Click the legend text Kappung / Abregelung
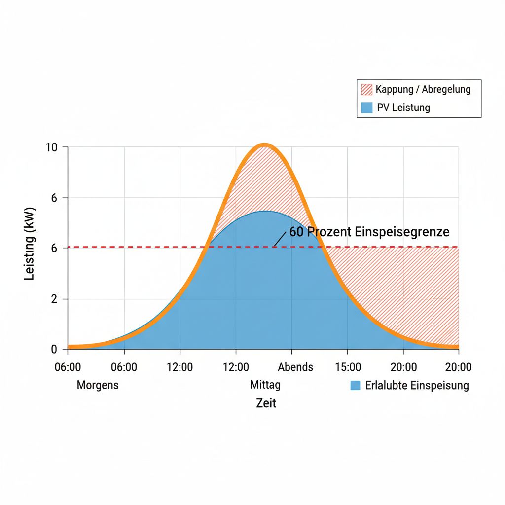point(423,89)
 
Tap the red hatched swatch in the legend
point(367,89)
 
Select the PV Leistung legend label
point(403,108)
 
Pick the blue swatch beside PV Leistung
point(367,108)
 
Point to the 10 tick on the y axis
point(52,147)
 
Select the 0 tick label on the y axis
point(54,350)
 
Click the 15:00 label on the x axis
point(348,367)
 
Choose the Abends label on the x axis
point(295,367)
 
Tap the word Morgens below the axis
point(98,385)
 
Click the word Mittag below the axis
point(265,385)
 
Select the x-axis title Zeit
point(266,403)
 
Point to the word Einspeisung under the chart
point(441,386)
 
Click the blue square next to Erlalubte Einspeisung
point(355,386)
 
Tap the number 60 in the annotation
point(296,232)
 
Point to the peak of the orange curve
point(265,145)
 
